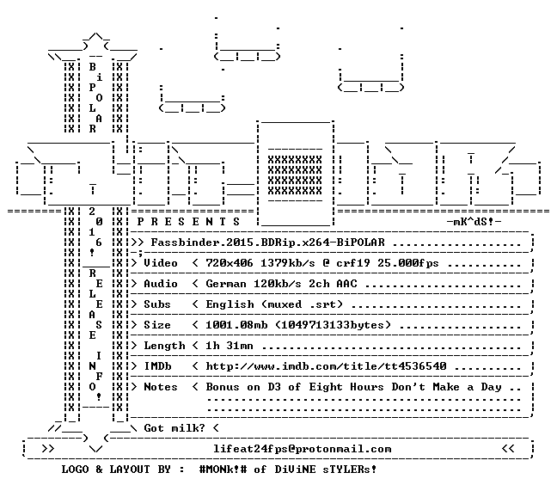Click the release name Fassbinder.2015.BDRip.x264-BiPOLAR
268,242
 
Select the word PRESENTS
188,222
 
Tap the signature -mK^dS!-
474,222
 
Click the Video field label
161,263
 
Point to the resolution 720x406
230,263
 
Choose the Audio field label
161,284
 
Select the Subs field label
157,304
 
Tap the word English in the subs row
230,304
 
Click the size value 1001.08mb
236,325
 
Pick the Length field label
164,346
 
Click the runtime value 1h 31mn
230,346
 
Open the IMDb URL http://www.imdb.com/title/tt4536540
326,366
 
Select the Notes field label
161,387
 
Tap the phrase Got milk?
174,428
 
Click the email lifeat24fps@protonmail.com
303,449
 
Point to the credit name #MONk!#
223,470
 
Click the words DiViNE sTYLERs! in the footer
326,470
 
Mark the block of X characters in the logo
295,175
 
